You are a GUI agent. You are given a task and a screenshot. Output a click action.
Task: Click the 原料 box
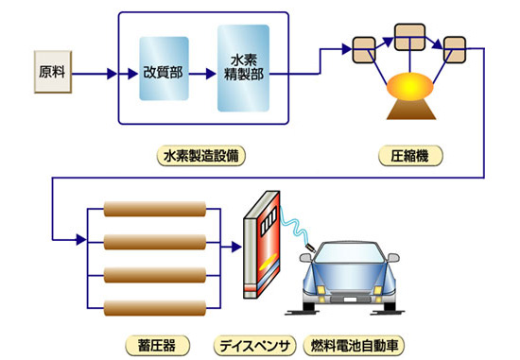(53, 72)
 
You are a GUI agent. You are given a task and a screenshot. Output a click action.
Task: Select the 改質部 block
(164, 69)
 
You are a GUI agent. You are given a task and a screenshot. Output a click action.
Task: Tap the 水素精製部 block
(243, 68)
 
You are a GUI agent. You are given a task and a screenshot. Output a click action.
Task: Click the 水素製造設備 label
(201, 156)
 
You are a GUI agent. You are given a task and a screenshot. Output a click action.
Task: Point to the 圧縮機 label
(410, 156)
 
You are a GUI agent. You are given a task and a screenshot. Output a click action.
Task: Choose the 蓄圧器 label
(157, 346)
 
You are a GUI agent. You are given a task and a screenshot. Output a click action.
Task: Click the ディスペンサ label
(254, 346)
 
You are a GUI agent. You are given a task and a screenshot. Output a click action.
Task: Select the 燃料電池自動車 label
(354, 346)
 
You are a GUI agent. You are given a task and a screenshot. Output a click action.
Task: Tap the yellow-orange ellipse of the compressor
(410, 86)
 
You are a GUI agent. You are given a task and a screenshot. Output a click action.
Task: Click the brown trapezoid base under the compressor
(411, 110)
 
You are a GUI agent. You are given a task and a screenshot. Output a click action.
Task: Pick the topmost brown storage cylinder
(155, 209)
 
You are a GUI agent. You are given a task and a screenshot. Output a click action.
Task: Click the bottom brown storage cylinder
(155, 308)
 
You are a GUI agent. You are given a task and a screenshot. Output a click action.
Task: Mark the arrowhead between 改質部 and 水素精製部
(211, 74)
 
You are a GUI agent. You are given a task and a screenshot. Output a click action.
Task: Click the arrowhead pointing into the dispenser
(236, 247)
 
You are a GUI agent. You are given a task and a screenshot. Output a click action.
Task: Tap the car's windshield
(348, 253)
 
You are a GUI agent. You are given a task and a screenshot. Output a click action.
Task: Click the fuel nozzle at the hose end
(310, 247)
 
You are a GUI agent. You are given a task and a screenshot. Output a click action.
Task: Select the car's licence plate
(350, 300)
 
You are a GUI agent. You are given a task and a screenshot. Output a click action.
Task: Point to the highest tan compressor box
(410, 37)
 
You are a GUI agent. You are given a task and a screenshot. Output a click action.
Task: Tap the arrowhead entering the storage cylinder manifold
(81, 239)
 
